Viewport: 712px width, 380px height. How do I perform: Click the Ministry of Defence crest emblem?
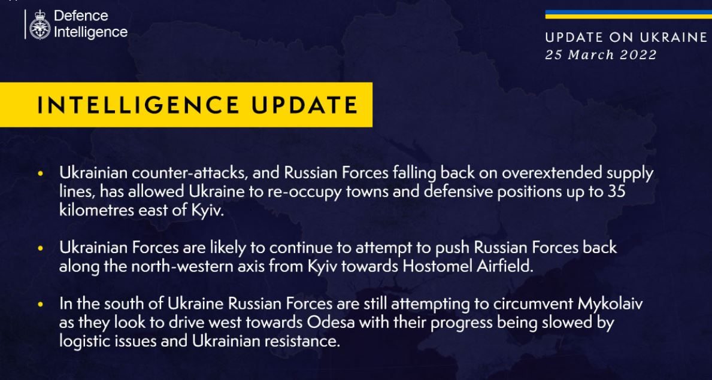pos(40,25)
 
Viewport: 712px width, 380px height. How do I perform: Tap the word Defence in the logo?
pos(81,16)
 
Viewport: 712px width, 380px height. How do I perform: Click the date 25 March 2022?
pos(601,55)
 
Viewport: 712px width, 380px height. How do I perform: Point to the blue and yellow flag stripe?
pos(628,14)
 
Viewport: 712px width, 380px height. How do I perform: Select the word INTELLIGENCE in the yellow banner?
pos(138,105)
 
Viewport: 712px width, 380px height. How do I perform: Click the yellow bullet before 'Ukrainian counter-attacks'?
pos(41,174)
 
